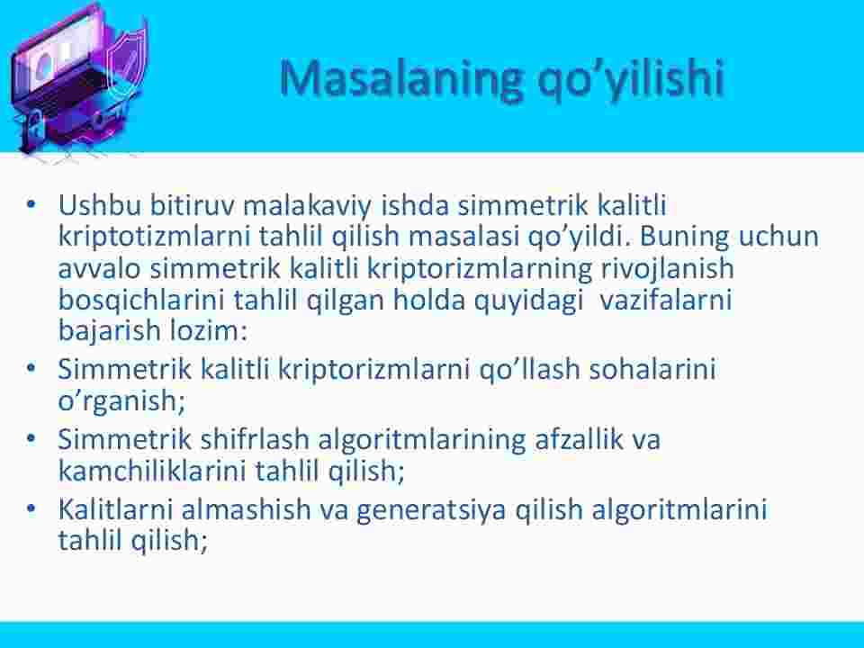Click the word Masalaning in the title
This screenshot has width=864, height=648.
coord(400,78)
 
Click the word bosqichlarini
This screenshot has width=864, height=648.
coord(141,301)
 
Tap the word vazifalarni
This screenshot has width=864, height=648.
coord(665,300)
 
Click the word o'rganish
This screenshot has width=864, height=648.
coord(121,400)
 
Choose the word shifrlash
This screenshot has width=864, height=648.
coord(255,439)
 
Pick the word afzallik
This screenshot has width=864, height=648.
coord(579,439)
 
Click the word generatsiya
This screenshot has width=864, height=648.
coord(431,509)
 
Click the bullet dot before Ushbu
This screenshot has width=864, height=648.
coord(31,204)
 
